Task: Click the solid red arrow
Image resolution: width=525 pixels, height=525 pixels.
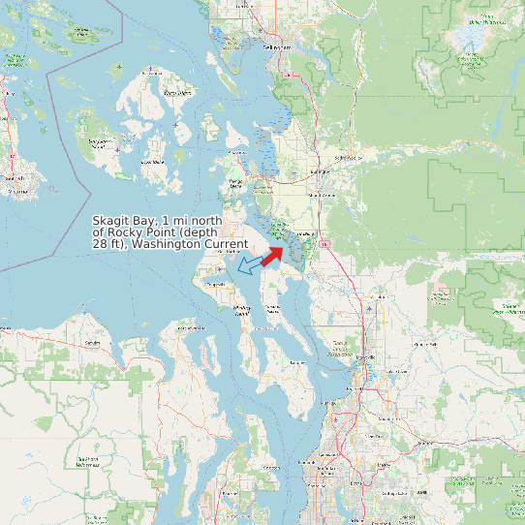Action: click(271, 254)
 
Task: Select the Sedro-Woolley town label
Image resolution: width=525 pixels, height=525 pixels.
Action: click(345, 157)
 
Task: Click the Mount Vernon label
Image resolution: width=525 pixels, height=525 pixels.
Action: click(320, 194)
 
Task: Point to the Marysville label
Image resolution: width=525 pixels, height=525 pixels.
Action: click(371, 357)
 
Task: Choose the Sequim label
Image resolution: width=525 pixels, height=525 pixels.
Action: click(93, 343)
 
